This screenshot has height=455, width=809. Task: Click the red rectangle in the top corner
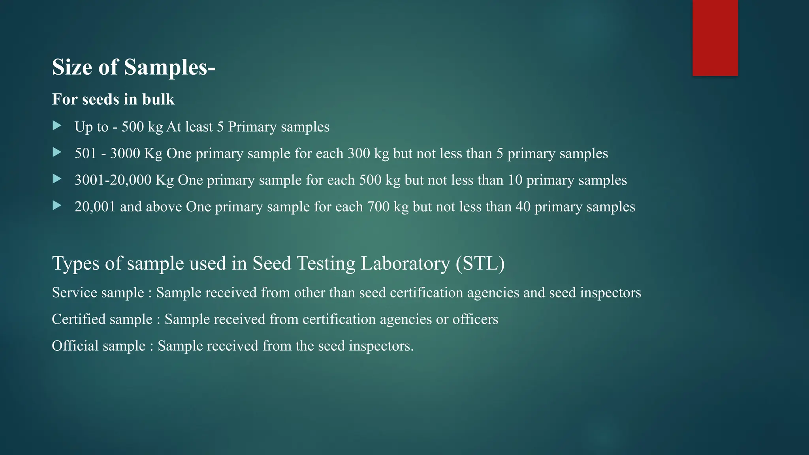coord(715,38)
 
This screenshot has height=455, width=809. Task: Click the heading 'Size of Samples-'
coord(134,67)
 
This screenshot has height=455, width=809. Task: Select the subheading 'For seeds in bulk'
coord(113,99)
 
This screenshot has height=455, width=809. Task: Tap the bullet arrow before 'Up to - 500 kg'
coord(57,126)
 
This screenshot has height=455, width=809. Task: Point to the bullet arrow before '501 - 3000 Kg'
coord(57,152)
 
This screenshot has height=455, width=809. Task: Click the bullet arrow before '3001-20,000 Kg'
coord(57,179)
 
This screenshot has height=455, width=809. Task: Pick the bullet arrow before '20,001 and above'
coord(57,206)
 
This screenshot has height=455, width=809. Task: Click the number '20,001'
coord(95,207)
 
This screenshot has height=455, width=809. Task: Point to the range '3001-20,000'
coord(113,180)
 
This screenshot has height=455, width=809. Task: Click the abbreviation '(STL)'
coord(480,263)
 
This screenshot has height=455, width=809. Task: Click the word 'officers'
coord(475,319)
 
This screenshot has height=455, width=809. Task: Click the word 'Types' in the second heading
coord(76,263)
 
